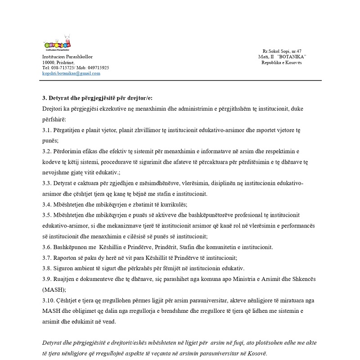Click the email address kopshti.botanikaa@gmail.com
coord(71,73)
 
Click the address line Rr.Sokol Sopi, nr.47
coord(282,52)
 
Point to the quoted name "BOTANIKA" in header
coord(292,57)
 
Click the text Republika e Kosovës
coord(282,62)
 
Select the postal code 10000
coord(48,62)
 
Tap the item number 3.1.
coord(46,130)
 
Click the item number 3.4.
coord(46,204)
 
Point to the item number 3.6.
coord(46,247)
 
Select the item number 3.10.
coord(48,300)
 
